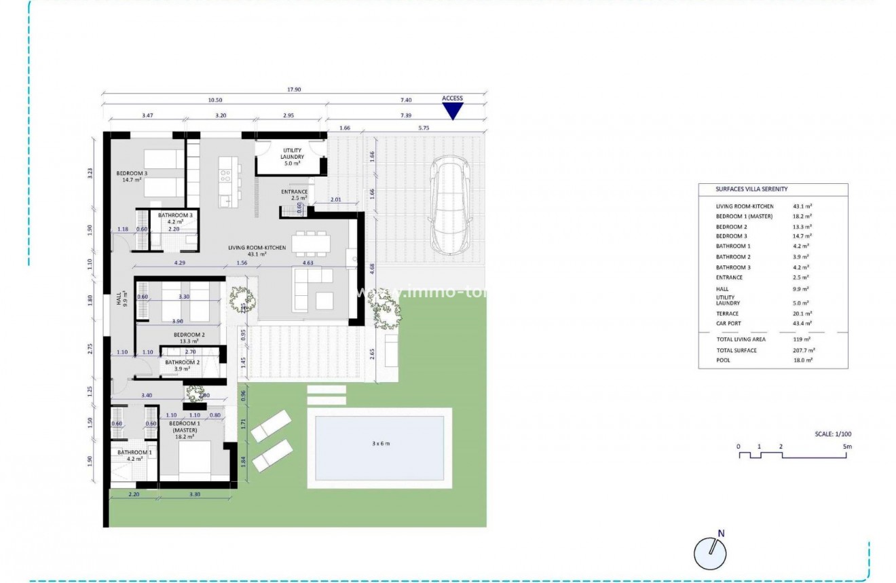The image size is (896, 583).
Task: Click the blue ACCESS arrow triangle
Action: pyautogui.click(x=452, y=111)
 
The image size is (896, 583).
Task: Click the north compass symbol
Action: pyautogui.click(x=710, y=552)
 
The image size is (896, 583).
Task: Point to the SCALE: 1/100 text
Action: pyautogui.click(x=832, y=434)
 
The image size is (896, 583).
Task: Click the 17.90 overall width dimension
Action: pyautogui.click(x=294, y=89)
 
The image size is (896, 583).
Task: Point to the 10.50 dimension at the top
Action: pyautogui.click(x=214, y=100)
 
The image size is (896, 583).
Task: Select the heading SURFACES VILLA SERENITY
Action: pyautogui.click(x=751, y=189)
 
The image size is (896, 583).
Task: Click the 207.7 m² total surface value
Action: pyautogui.click(x=804, y=350)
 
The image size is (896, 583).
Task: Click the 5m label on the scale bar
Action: pyautogui.click(x=846, y=447)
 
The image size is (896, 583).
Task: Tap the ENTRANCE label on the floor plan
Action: pyautogui.click(x=295, y=192)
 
